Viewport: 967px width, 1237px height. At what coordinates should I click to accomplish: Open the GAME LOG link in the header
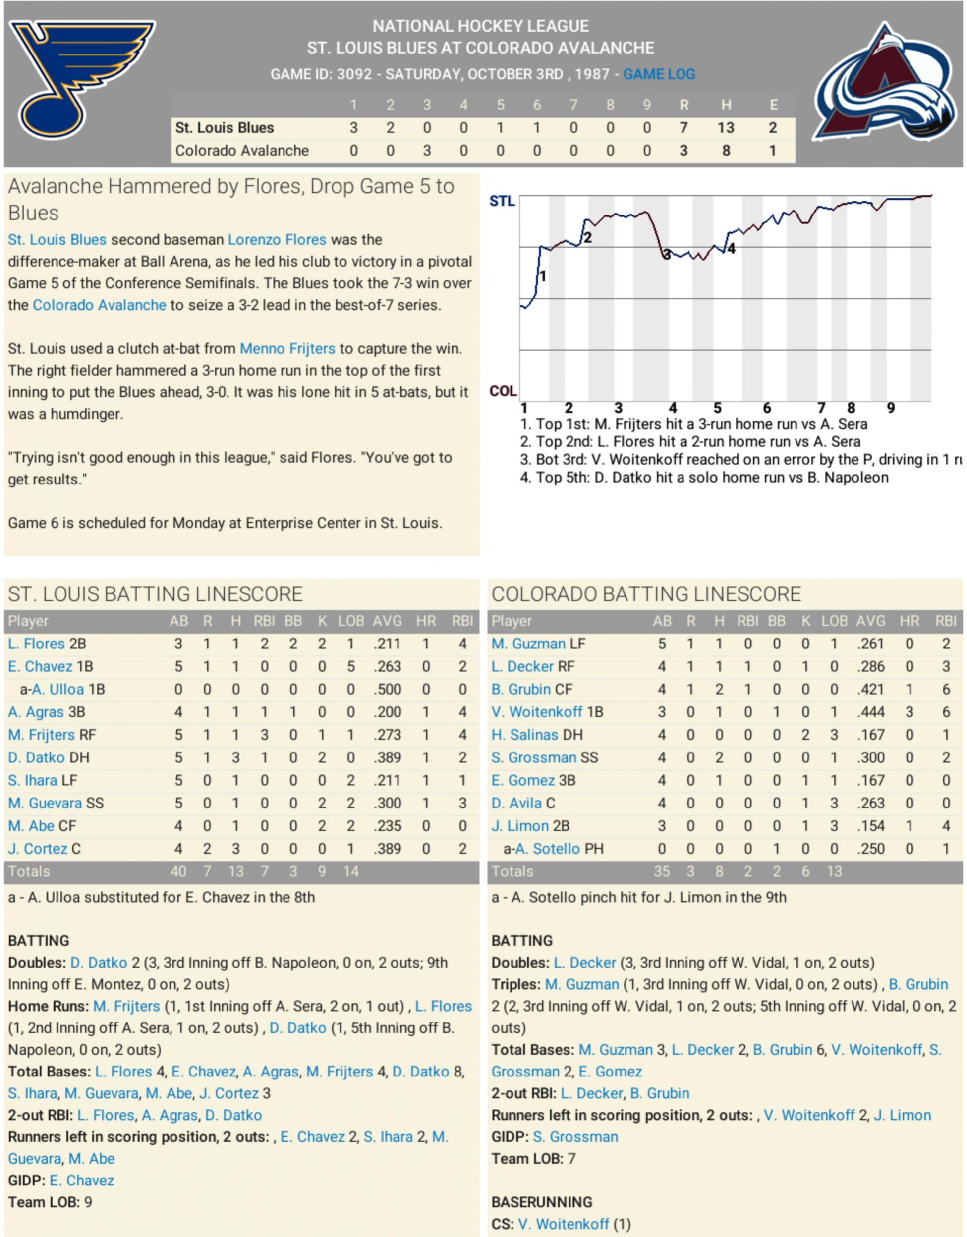click(x=659, y=74)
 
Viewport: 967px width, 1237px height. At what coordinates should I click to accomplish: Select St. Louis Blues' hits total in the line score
click(x=726, y=128)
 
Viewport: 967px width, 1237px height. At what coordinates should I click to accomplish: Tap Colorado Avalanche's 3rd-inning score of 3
click(x=426, y=151)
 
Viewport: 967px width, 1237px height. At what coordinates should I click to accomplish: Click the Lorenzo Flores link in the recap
click(x=277, y=240)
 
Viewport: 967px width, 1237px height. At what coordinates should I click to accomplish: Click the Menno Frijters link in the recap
click(x=287, y=348)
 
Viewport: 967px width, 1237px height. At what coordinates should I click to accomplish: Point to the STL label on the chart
click(x=502, y=201)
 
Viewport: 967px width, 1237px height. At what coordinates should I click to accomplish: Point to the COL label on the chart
click(x=502, y=391)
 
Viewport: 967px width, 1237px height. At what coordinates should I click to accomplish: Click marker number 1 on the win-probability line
click(x=542, y=276)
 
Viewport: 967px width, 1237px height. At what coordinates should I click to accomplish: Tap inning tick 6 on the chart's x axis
click(x=766, y=408)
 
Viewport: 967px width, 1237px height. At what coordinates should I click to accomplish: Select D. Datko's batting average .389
click(x=387, y=757)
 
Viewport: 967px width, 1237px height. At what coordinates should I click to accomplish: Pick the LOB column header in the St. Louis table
click(x=351, y=621)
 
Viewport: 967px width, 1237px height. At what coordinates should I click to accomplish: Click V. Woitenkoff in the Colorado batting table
click(x=536, y=712)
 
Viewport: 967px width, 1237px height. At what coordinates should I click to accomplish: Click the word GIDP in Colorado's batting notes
click(x=509, y=1137)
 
